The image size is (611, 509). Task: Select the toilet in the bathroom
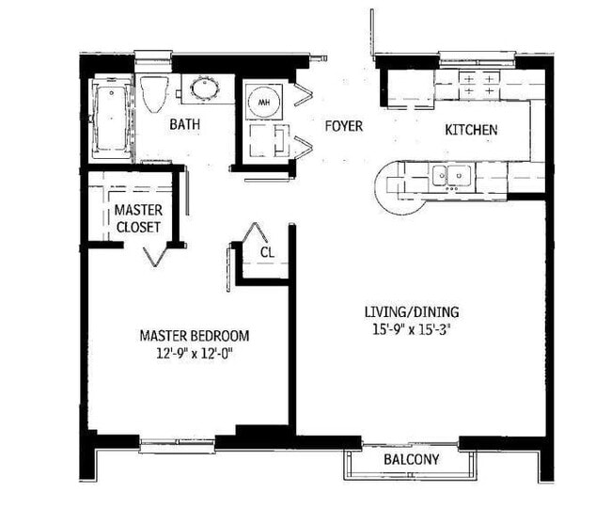click(153, 94)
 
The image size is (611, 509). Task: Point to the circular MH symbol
click(264, 101)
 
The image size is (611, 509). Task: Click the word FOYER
click(343, 125)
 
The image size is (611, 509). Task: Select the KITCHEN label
click(471, 130)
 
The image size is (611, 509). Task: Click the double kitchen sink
click(450, 175)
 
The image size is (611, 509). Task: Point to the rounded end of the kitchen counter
click(384, 184)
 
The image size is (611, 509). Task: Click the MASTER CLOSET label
click(137, 219)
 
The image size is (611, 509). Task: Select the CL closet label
click(267, 251)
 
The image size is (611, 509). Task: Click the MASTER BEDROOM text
click(195, 336)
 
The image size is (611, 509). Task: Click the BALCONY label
click(411, 460)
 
